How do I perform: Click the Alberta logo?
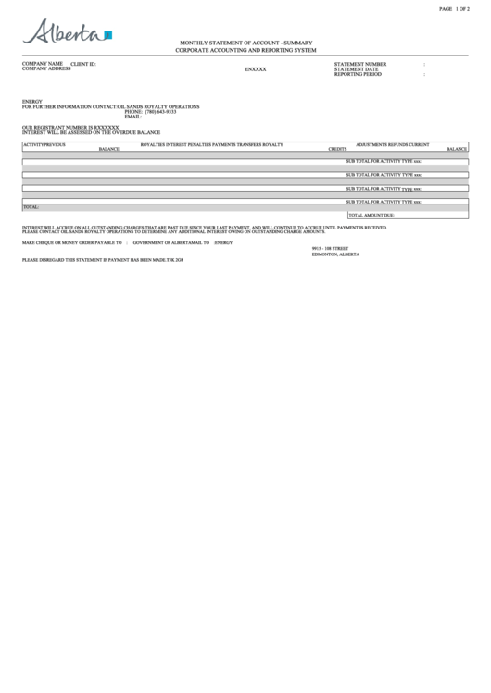coord(67,33)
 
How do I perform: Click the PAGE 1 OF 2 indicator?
coord(454,8)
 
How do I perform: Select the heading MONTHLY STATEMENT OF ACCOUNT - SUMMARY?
coord(245,43)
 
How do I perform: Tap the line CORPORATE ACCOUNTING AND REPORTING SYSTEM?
coord(245,50)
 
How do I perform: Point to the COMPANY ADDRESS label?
coord(46,69)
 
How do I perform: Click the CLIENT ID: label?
coord(83,64)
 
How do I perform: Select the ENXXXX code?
coord(256,69)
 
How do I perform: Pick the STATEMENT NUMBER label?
coord(360,64)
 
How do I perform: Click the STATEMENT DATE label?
coord(356,68)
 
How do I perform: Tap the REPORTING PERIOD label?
coord(358,74)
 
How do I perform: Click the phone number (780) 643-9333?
coord(160,112)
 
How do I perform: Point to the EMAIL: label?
coord(132,117)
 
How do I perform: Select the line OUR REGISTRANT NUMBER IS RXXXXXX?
coord(70,127)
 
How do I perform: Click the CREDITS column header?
coord(337,149)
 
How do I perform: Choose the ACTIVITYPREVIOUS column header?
coord(44,144)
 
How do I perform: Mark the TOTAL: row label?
coord(31,207)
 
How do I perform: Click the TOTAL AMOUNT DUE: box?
coord(371,215)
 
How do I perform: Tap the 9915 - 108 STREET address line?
coord(330,248)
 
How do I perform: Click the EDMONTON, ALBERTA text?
coord(335,254)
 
